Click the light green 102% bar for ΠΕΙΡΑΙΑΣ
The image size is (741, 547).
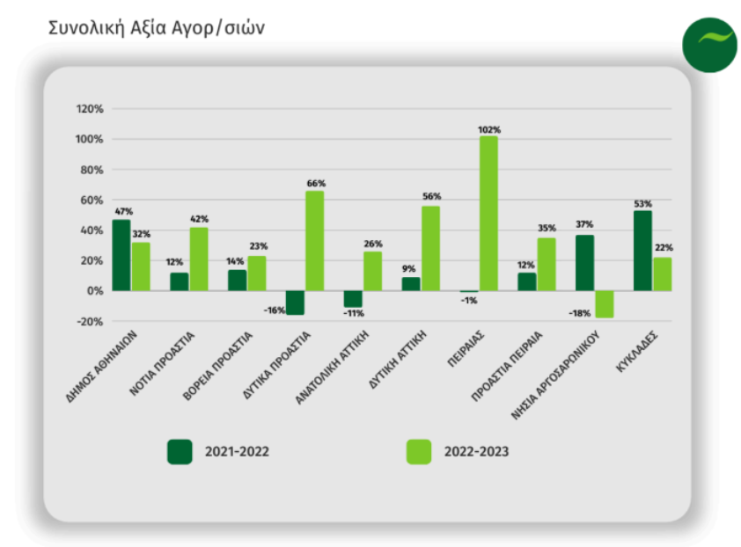tap(488, 214)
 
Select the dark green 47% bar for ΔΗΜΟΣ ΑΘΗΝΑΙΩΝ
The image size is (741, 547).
tap(121, 255)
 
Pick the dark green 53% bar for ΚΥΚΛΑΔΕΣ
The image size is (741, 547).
tap(642, 251)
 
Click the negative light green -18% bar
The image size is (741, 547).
tap(604, 304)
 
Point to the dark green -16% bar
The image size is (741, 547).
tap(295, 303)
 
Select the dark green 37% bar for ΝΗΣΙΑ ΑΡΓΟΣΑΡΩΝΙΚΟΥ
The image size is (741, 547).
tap(584, 263)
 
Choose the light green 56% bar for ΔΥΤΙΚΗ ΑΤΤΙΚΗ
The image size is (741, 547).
tap(430, 248)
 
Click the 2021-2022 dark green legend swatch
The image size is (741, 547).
tap(180, 452)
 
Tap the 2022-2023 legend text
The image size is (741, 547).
tap(476, 452)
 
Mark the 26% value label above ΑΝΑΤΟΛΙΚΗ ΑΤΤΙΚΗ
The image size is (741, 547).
tap(372, 244)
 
